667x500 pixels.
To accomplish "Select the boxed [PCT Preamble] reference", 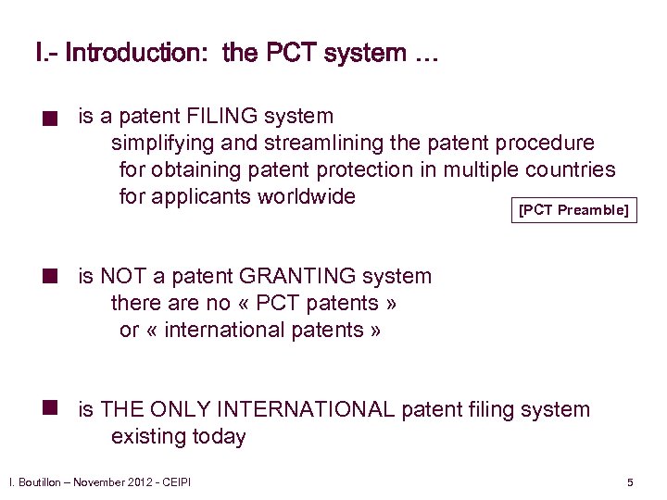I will coord(573,210).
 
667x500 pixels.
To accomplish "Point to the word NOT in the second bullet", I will coord(122,276).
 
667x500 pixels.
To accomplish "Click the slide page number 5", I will coord(630,482).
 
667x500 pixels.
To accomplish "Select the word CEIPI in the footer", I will coord(175,482).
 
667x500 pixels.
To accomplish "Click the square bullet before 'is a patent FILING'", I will coord(55,119).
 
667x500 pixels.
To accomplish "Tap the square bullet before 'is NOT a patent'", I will coord(55,275).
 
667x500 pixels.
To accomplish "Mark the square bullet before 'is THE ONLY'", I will coord(55,407).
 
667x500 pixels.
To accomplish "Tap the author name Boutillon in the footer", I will coord(41,482).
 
